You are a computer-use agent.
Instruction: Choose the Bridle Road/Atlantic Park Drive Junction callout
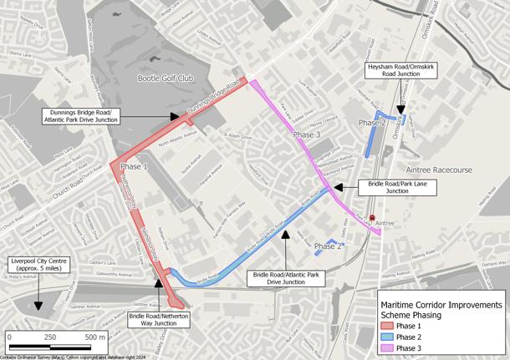[286, 278]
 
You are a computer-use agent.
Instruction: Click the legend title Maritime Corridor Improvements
[441, 302]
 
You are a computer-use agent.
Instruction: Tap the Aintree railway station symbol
[372, 217]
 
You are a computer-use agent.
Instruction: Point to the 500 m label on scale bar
[94, 337]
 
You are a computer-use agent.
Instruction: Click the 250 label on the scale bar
[50, 337]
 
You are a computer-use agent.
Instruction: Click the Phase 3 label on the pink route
[306, 134]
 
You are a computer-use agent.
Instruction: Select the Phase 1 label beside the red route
[135, 167]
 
